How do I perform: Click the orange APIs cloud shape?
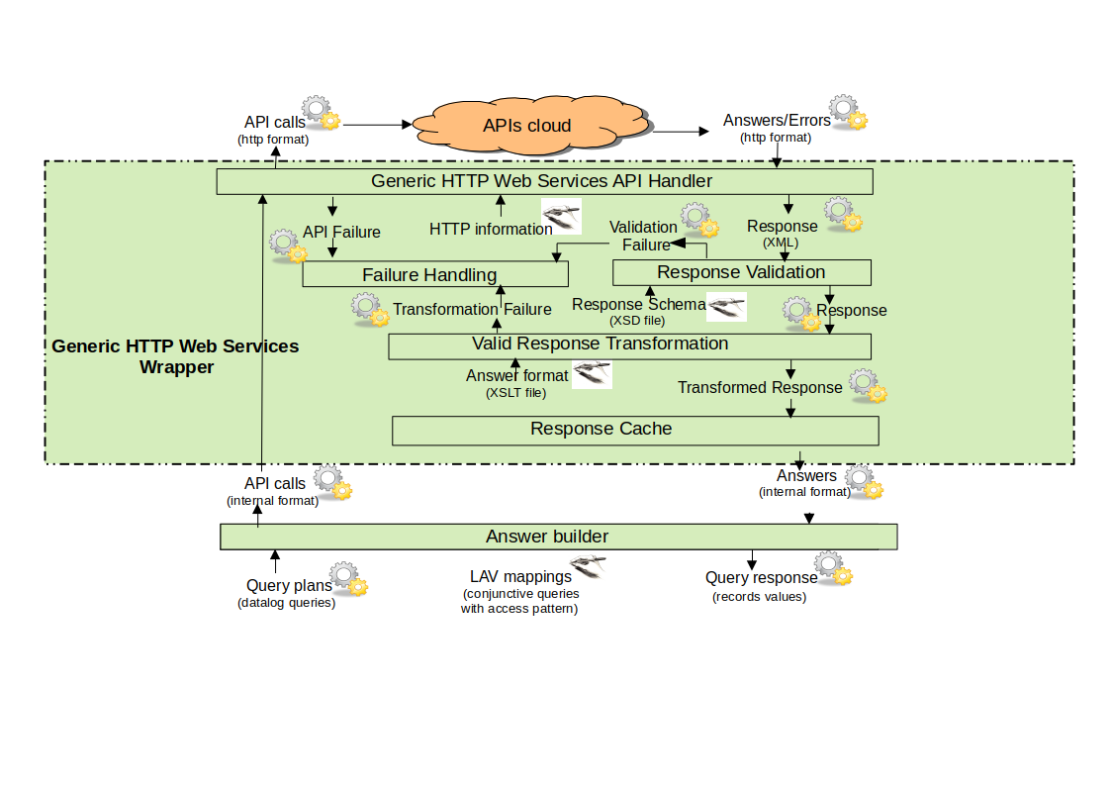click(x=527, y=127)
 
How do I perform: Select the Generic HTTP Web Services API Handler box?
click(x=543, y=181)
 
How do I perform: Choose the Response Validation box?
click(x=741, y=272)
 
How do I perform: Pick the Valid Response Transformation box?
click(x=629, y=345)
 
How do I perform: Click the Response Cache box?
click(x=635, y=430)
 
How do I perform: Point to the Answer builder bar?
click(x=557, y=537)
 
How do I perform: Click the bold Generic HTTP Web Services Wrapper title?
click(x=175, y=356)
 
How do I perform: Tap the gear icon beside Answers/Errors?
click(x=848, y=113)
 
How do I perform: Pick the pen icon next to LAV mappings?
click(x=588, y=567)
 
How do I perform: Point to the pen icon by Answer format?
click(x=593, y=373)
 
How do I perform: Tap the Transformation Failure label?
click(x=472, y=309)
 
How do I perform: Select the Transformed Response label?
click(x=760, y=387)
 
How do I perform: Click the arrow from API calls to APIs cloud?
click(x=377, y=125)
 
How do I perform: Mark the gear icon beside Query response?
click(x=835, y=574)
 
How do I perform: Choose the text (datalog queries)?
click(x=287, y=603)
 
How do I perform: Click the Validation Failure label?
click(x=643, y=236)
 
